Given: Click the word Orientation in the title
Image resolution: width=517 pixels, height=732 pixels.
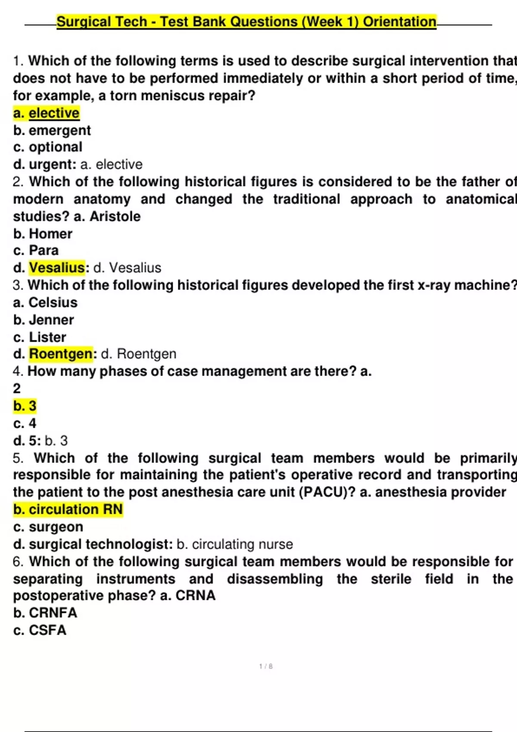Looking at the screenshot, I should pos(399,22).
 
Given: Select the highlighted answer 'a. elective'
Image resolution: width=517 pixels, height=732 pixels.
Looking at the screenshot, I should pos(47,113).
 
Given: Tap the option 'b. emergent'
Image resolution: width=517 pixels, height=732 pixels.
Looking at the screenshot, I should pos(52,130).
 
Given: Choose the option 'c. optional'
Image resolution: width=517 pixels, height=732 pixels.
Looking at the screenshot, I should pos(48,147).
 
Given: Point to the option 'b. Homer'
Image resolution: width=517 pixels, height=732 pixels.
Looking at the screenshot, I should pos(43,233).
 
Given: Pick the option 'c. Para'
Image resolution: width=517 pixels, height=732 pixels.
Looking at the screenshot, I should pos(36,250).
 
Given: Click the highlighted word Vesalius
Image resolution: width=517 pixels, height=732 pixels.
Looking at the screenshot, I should pos(57,267).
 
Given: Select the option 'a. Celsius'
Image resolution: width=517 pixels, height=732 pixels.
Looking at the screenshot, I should pos(45,302).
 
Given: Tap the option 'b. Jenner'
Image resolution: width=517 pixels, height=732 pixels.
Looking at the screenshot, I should pos(44,319).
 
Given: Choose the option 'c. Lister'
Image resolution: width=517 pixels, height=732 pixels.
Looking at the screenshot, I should pos(40,337).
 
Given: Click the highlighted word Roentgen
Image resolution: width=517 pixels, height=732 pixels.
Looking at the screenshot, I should pos(61,354).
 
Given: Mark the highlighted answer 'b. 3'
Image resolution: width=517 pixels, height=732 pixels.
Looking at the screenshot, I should pos(25,406).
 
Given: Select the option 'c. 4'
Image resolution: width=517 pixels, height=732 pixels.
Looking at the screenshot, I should pos(25,423).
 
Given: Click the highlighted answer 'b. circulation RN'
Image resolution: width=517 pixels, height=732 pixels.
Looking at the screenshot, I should pos(68,509).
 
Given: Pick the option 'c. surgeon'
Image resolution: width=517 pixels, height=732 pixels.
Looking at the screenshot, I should pos(48,527).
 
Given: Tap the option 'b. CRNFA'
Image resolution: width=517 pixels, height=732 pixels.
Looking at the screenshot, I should pos(45,612).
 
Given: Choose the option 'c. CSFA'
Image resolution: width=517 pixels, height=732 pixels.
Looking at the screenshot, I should pos(40,630).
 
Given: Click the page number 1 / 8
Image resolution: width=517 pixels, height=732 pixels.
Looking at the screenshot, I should pos(266,666).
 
